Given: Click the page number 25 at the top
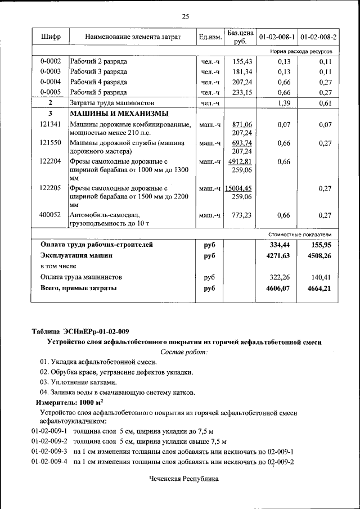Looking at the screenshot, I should point(185,16).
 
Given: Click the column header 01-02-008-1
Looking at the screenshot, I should point(277,37).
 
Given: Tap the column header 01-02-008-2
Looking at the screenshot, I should point(318,37).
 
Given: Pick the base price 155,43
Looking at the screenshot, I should point(241,61).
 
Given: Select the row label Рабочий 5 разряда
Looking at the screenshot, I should point(98,92).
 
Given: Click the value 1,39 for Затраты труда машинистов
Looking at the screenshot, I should point(283,103).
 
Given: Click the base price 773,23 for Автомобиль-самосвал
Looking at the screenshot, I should point(241,215).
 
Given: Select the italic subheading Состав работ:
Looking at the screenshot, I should point(184,352).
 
